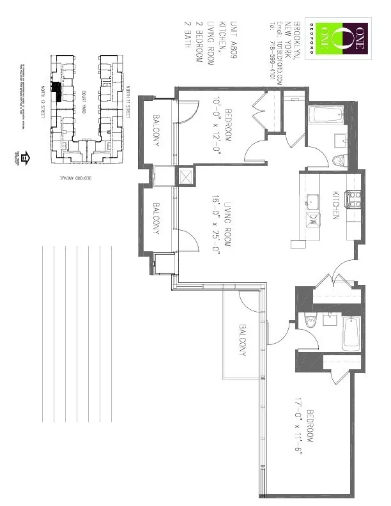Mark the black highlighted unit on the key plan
[x=57, y=91]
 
